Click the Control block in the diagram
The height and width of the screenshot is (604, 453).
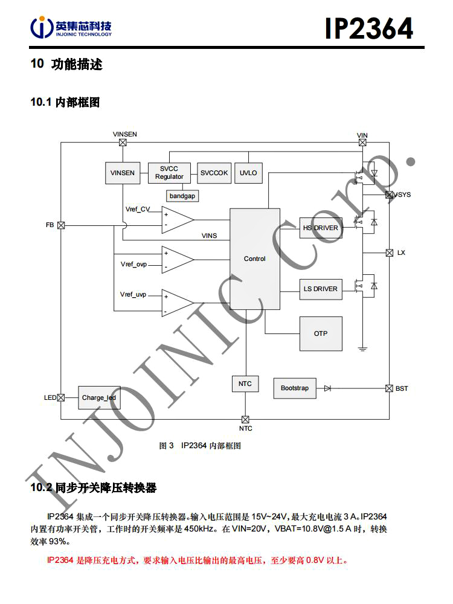pos(254,259)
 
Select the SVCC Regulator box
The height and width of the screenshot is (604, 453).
pos(169,173)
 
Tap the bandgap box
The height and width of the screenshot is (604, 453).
pos(182,196)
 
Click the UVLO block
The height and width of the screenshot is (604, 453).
pos(248,173)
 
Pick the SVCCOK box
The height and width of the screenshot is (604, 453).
pos(214,173)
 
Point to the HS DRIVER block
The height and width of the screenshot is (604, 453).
pos(320,228)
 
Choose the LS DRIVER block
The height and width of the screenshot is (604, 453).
pos(320,289)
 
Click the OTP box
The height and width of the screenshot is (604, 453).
pos(320,333)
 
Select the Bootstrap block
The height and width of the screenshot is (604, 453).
pos(294,388)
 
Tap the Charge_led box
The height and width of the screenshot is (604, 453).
pos(98,397)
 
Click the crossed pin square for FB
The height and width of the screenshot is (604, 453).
pos(61,225)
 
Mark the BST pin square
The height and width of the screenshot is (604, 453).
pos(389,388)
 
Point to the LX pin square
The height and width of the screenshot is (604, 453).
pos(389,252)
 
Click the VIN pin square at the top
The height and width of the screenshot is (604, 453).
pos(362,143)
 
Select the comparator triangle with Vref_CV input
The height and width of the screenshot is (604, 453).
pos(177,219)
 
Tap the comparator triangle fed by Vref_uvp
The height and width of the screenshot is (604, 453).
pos(177,303)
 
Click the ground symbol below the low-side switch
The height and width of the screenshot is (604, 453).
pos(362,349)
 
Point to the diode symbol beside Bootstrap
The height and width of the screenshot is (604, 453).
pos(327,388)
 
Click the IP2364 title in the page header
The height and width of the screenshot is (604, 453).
pos(369,28)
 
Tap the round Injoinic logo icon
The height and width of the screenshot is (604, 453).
pos(41,27)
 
